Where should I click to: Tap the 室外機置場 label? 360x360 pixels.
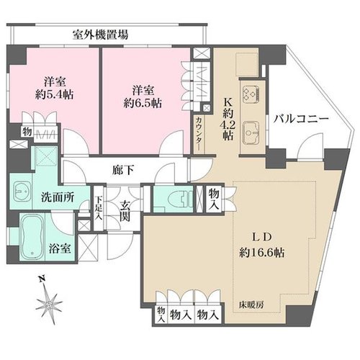click(x=100, y=35)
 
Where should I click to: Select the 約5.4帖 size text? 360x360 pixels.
click(x=54, y=95)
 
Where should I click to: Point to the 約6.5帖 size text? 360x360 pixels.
click(x=143, y=104)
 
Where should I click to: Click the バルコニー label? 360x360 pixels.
click(x=301, y=119)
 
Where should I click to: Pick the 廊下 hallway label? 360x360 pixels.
click(x=123, y=171)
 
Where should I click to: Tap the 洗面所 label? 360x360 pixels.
click(x=58, y=197)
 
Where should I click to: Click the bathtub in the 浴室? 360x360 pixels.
click(x=33, y=238)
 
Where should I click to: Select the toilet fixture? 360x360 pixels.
click(x=182, y=198)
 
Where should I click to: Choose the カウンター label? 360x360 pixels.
click(x=199, y=134)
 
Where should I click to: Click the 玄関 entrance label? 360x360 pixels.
click(x=125, y=211)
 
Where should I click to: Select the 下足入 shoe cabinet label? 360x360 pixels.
click(x=98, y=208)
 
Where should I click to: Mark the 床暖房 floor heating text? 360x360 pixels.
click(x=251, y=305)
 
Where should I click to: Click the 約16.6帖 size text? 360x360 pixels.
click(x=262, y=253)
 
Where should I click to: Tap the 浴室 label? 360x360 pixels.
click(x=60, y=248)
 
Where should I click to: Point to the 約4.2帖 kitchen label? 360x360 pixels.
click(x=228, y=120)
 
